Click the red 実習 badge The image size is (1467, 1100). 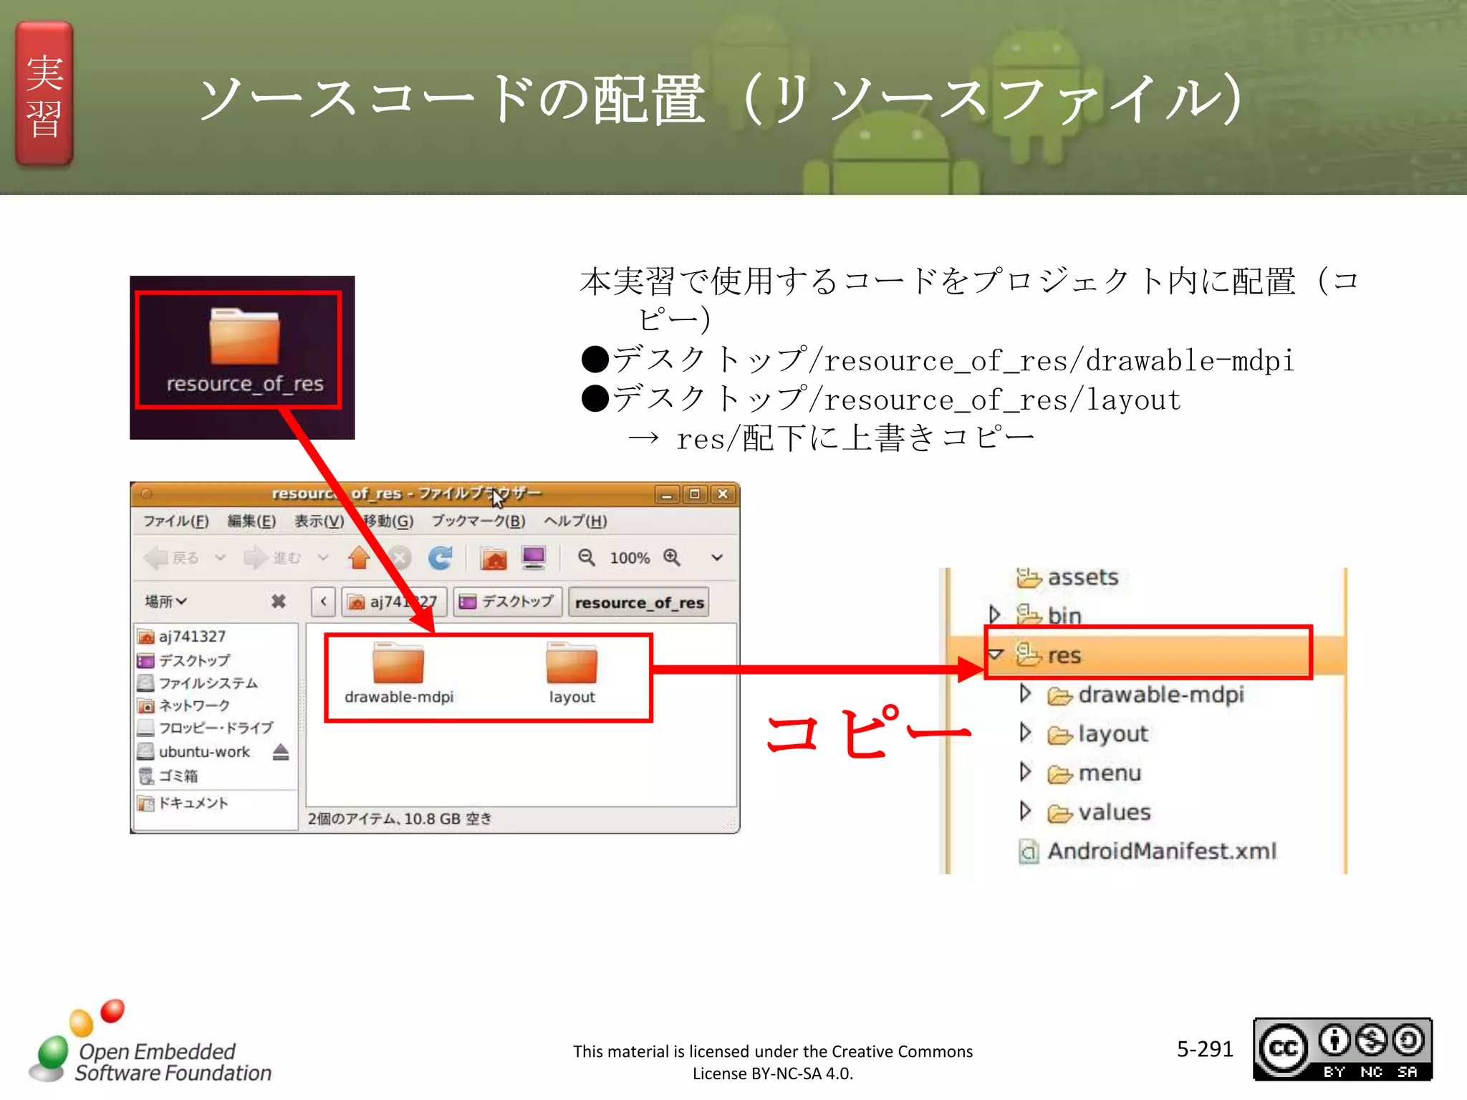[x=44, y=94]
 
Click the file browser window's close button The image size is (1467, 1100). [x=723, y=494]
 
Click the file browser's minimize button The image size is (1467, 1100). [x=666, y=494]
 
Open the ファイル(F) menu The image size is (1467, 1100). [x=175, y=521]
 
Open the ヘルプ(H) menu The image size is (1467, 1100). [x=575, y=521]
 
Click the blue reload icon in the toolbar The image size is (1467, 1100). [x=440, y=558]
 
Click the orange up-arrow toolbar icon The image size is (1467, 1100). [x=359, y=558]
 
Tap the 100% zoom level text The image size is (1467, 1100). [x=630, y=559]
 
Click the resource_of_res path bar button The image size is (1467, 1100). [x=639, y=602]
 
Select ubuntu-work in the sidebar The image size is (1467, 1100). [x=204, y=752]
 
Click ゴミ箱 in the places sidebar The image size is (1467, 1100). [x=178, y=776]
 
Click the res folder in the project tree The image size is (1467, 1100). [x=1064, y=655]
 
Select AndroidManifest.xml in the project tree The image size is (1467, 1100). [x=1161, y=851]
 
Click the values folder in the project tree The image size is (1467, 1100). [x=1114, y=812]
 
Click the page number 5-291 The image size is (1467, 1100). [x=1205, y=1049]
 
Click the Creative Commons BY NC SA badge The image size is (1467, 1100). [x=1342, y=1049]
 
